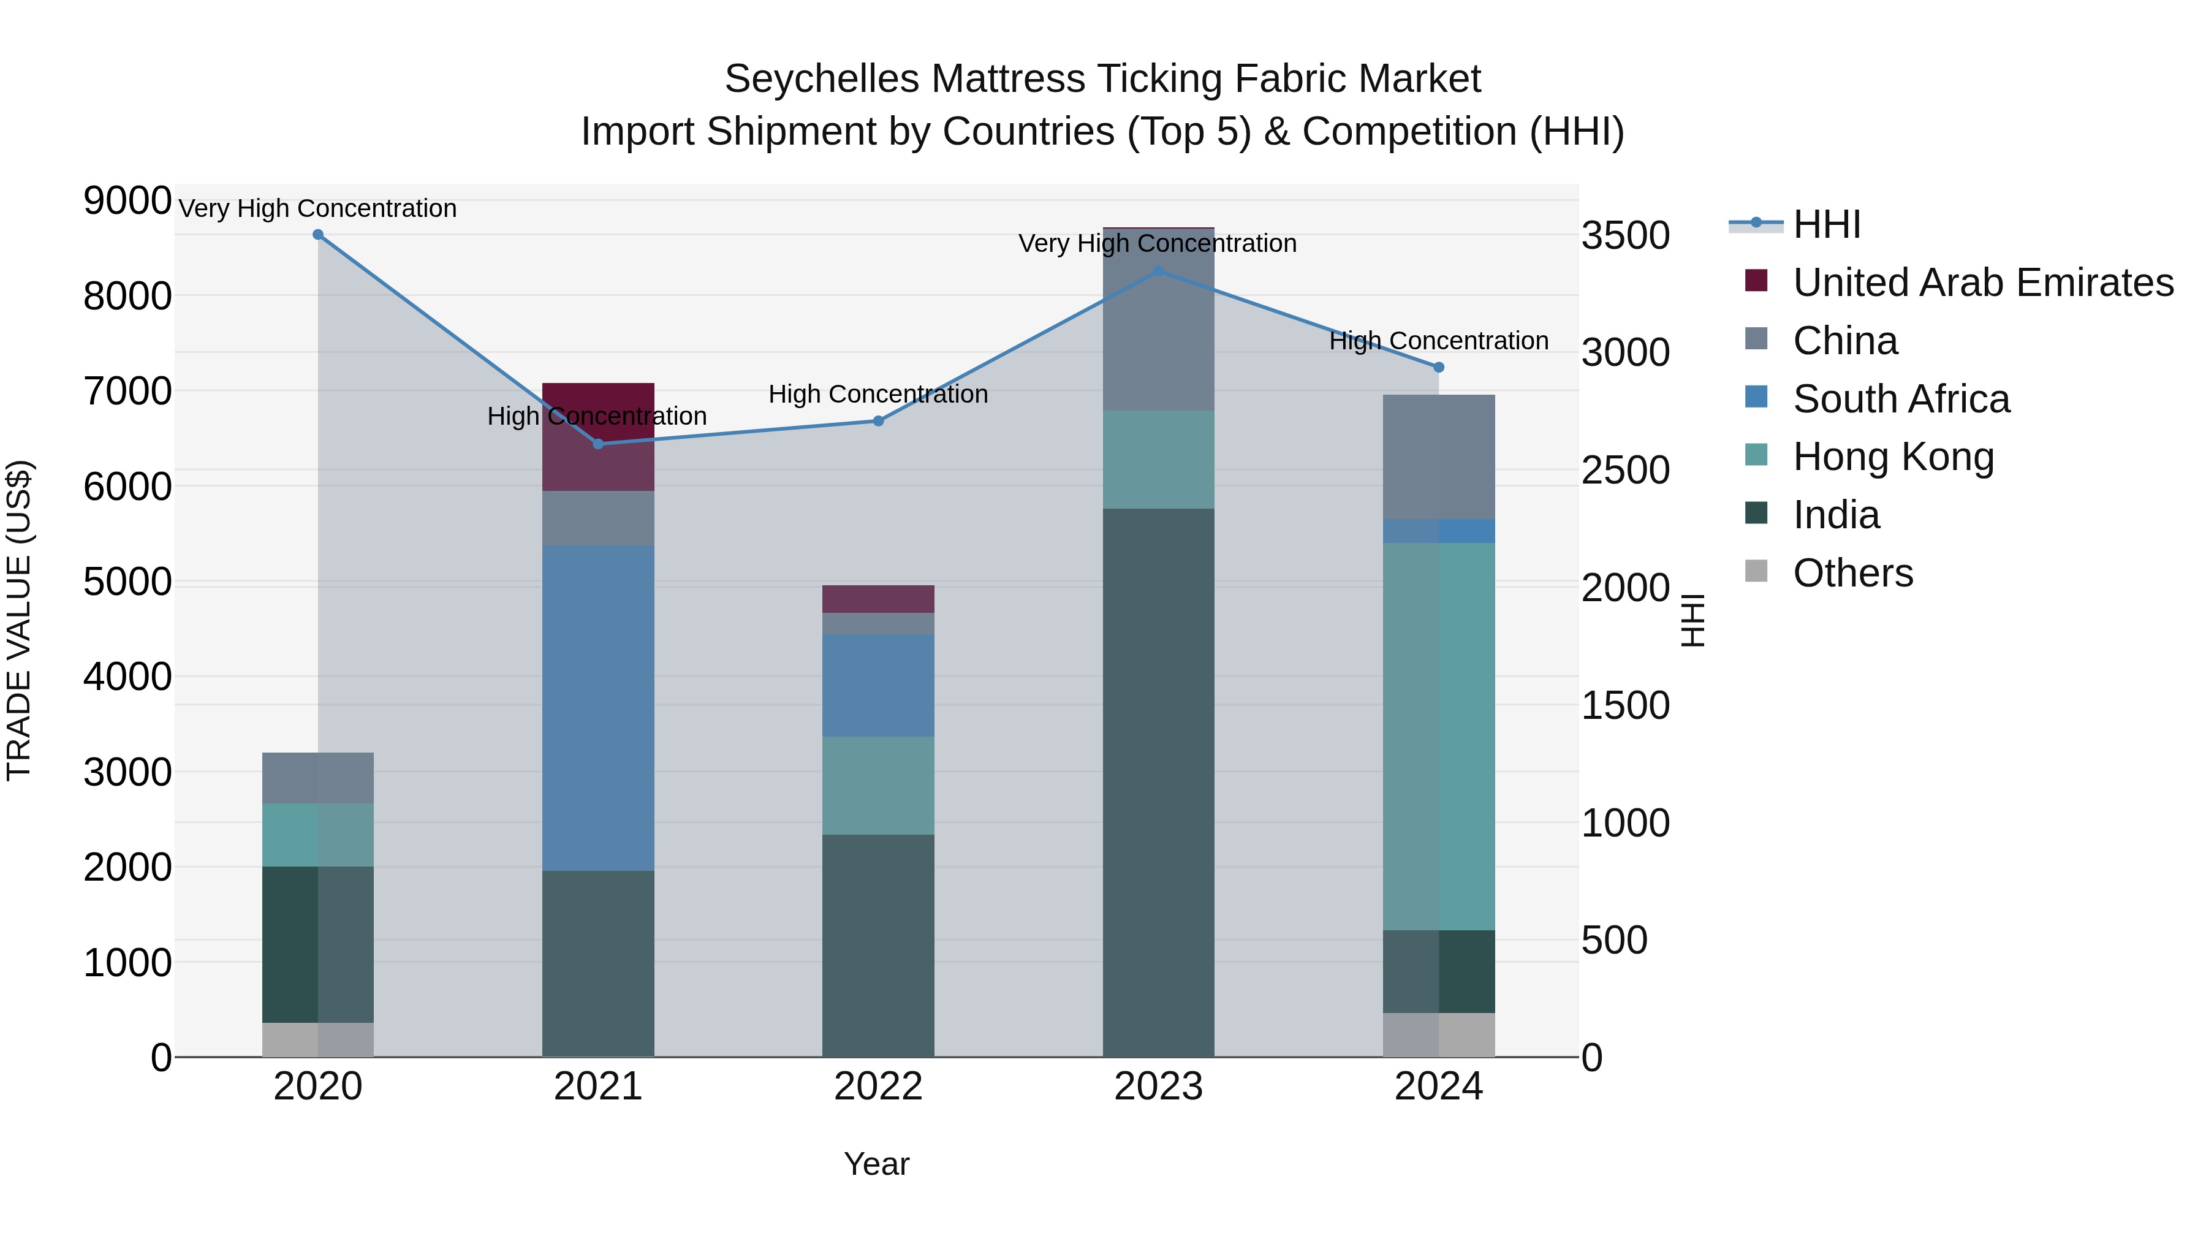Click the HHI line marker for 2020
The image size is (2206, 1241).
(x=317, y=235)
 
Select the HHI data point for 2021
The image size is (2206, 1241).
(x=597, y=444)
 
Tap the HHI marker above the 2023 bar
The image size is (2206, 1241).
(x=1158, y=271)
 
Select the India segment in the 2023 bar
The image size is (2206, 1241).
(x=1158, y=781)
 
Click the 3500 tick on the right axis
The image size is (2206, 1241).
(x=1624, y=235)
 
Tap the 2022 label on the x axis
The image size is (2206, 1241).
(x=877, y=1087)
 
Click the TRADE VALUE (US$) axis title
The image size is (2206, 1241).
(x=19, y=620)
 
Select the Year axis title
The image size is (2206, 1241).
(x=876, y=1164)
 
